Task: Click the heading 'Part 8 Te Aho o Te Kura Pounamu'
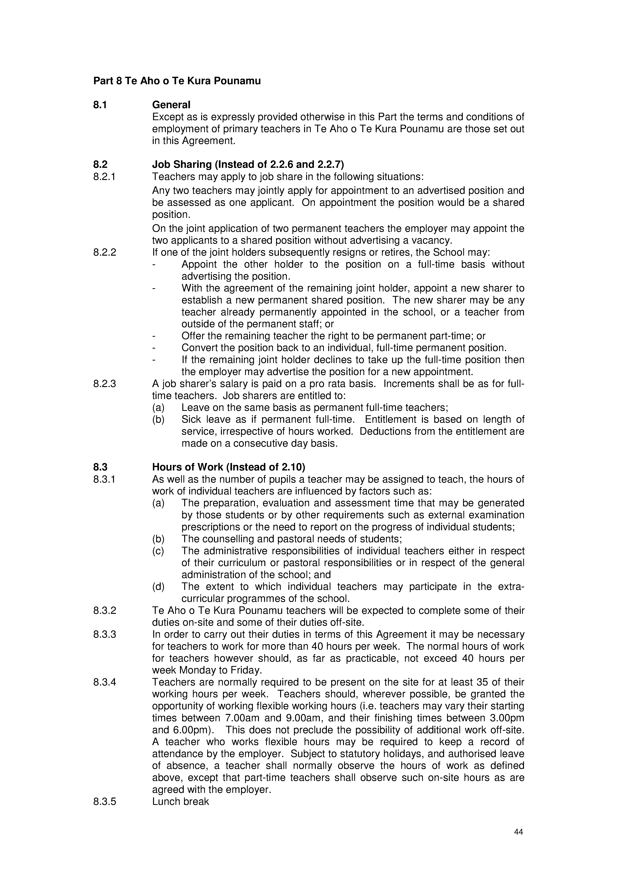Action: (x=177, y=81)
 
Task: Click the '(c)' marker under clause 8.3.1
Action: (x=158, y=551)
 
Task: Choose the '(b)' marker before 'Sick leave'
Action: (x=158, y=420)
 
